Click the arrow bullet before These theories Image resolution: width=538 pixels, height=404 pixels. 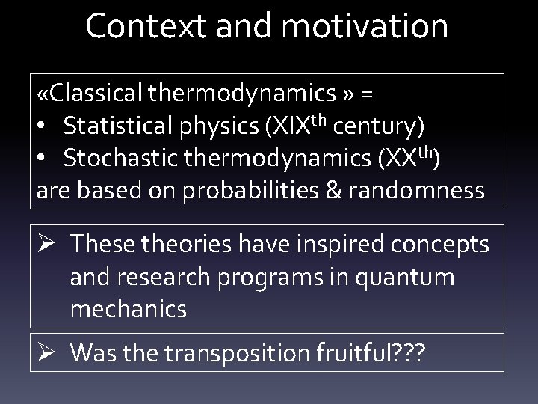tap(46, 245)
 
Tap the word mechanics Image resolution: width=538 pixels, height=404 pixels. tap(128, 309)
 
